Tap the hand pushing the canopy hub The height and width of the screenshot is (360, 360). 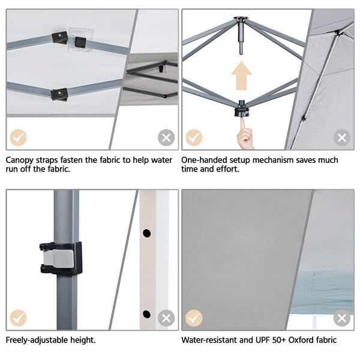[x=245, y=135]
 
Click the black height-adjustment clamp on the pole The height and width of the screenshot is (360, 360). [x=61, y=259]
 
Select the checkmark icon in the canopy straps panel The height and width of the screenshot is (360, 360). [x=19, y=138]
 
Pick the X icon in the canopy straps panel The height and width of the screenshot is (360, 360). [x=166, y=138]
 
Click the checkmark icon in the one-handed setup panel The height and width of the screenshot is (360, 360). [x=194, y=138]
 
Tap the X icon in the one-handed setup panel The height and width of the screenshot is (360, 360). [x=342, y=138]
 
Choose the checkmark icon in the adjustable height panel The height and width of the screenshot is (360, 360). [x=19, y=317]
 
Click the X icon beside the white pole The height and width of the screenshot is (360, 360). [x=166, y=317]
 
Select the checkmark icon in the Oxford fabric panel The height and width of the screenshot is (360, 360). [x=194, y=317]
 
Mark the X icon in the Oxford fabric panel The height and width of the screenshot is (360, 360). [x=342, y=317]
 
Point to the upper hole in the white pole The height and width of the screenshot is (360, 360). [x=146, y=233]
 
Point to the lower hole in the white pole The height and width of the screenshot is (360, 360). [x=146, y=314]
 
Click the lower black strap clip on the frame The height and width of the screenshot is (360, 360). [x=59, y=94]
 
